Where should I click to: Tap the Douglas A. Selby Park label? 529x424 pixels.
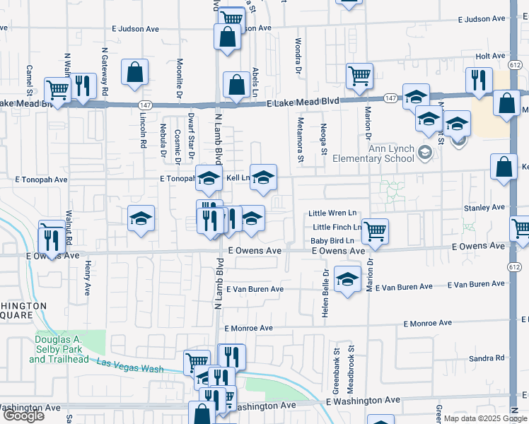(59, 349)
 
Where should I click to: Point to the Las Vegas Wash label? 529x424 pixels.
(130, 365)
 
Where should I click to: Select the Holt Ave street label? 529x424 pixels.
(491, 55)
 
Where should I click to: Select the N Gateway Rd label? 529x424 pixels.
(104, 71)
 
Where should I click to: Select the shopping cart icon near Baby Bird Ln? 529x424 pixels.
(375, 230)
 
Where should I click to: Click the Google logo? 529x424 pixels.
(24, 416)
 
